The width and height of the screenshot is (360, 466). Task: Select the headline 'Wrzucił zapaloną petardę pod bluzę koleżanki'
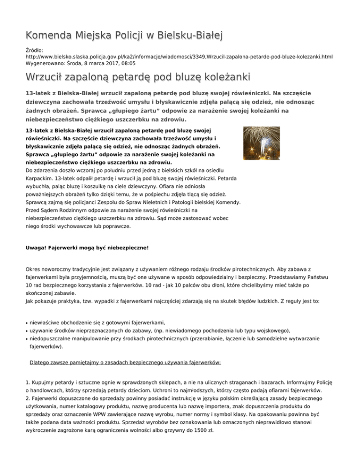click(138, 76)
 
